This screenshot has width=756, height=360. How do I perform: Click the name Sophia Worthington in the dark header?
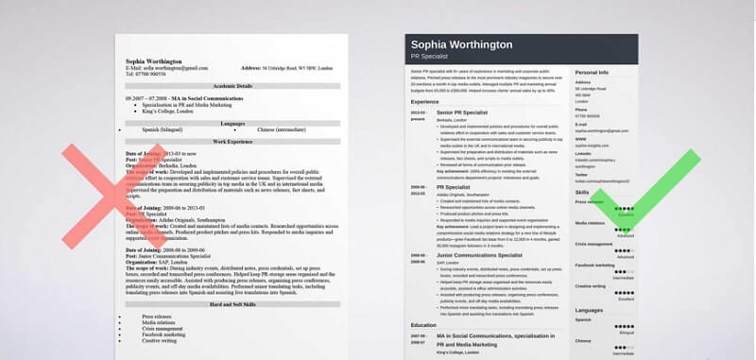[460, 44]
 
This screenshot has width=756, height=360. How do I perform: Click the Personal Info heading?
[593, 72]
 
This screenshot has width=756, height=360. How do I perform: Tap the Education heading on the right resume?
[423, 324]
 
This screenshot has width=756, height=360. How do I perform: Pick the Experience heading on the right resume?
[424, 100]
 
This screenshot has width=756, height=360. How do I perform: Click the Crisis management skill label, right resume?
[594, 244]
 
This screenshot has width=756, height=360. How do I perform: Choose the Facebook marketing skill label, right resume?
[597, 265]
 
